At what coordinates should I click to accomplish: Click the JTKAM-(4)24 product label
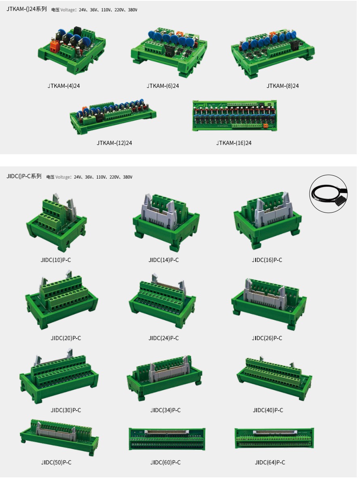[x=64, y=86]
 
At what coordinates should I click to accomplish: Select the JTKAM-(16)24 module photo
[x=235, y=116]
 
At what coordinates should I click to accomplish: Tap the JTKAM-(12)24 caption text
[x=114, y=143]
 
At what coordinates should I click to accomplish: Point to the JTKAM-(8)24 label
[x=282, y=86]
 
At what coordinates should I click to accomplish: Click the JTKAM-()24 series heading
[x=27, y=9]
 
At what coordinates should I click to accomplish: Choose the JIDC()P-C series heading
[x=24, y=176]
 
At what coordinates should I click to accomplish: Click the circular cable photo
[x=328, y=194]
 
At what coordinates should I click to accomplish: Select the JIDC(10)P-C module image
[x=56, y=221]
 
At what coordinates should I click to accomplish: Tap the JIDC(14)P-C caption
[x=163, y=260]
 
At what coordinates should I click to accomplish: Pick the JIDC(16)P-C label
[x=267, y=260]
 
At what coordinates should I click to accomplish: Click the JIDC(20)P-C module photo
[x=61, y=300]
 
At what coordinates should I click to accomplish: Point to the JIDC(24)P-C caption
[x=163, y=338]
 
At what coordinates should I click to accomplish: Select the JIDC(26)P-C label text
[x=267, y=338]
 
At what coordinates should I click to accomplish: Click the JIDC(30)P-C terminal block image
[x=59, y=375]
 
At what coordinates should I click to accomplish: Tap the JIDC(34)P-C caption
[x=165, y=411]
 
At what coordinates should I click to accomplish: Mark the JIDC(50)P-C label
[x=56, y=463]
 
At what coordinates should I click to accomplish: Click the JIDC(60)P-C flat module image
[x=167, y=439]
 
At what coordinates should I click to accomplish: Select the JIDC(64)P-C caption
[x=270, y=463]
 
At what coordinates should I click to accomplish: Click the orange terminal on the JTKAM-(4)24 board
[x=55, y=45]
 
